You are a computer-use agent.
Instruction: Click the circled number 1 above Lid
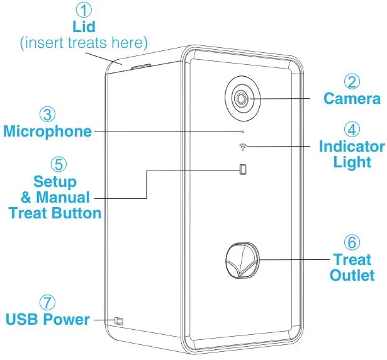coord(83,11)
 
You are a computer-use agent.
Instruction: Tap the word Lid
coord(83,27)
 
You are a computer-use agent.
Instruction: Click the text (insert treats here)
coord(83,43)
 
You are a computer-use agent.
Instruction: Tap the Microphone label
coord(47,132)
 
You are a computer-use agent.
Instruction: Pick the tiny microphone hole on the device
coord(244,132)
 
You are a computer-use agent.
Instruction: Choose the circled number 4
coord(352,130)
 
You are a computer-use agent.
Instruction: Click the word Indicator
coord(352,147)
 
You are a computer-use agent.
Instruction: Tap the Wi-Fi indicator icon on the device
coord(243,148)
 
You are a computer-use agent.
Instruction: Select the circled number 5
coord(57,164)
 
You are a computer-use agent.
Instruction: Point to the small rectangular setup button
coord(243,169)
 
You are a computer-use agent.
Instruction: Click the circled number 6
coord(352,242)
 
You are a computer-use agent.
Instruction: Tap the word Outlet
coord(352,275)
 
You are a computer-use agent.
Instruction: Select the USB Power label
coord(48,319)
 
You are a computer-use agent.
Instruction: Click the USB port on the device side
coord(118,321)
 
